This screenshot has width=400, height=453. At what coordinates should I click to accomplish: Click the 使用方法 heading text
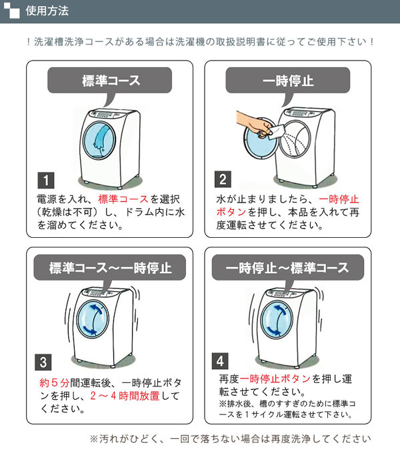(x=47, y=11)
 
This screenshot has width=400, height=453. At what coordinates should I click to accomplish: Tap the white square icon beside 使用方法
(x=13, y=11)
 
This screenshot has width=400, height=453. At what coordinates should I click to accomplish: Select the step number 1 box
(x=43, y=180)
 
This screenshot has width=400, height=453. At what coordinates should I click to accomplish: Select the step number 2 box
(x=222, y=180)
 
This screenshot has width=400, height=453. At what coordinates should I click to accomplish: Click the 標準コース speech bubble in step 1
(x=110, y=82)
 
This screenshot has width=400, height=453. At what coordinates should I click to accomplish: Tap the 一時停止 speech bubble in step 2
(x=288, y=82)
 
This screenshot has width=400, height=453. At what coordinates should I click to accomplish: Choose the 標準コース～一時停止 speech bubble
(x=110, y=268)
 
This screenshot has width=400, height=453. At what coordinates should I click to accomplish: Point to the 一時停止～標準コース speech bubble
(x=288, y=268)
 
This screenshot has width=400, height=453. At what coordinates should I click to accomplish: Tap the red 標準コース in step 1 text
(x=123, y=199)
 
